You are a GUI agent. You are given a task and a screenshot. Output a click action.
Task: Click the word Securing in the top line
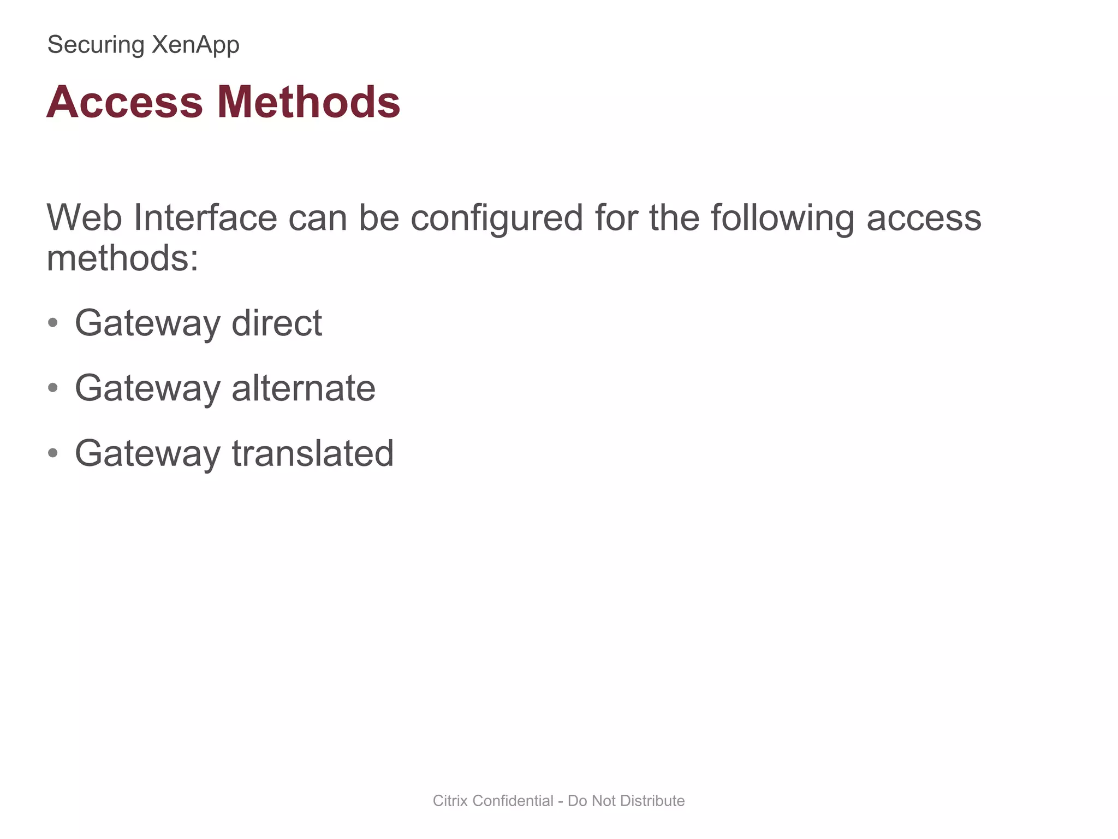click(96, 45)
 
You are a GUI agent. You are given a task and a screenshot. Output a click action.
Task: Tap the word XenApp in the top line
click(195, 45)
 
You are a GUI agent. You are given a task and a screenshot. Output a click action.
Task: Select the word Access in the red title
click(125, 102)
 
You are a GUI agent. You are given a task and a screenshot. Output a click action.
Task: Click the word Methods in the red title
click(309, 102)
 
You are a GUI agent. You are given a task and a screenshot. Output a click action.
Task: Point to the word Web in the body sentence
click(84, 218)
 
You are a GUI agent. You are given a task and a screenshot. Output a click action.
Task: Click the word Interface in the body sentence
click(205, 218)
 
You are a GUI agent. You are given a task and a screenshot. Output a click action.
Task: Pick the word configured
click(497, 218)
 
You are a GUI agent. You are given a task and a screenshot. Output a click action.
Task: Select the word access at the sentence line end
click(924, 218)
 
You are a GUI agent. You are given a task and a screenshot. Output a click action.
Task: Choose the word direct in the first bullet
click(277, 323)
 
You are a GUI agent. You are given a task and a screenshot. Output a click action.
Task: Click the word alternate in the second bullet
click(304, 388)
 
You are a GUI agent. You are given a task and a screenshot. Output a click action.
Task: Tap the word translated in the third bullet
click(313, 453)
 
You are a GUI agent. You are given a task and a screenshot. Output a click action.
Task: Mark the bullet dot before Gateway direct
click(53, 323)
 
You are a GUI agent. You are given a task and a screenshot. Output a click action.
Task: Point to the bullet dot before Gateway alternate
click(53, 388)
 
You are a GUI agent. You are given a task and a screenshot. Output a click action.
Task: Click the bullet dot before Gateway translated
click(53, 453)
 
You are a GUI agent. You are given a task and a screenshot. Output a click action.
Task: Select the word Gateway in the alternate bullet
click(147, 388)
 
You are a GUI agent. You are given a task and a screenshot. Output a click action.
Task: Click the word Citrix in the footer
click(450, 801)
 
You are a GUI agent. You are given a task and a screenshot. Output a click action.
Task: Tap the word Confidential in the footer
click(513, 801)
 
